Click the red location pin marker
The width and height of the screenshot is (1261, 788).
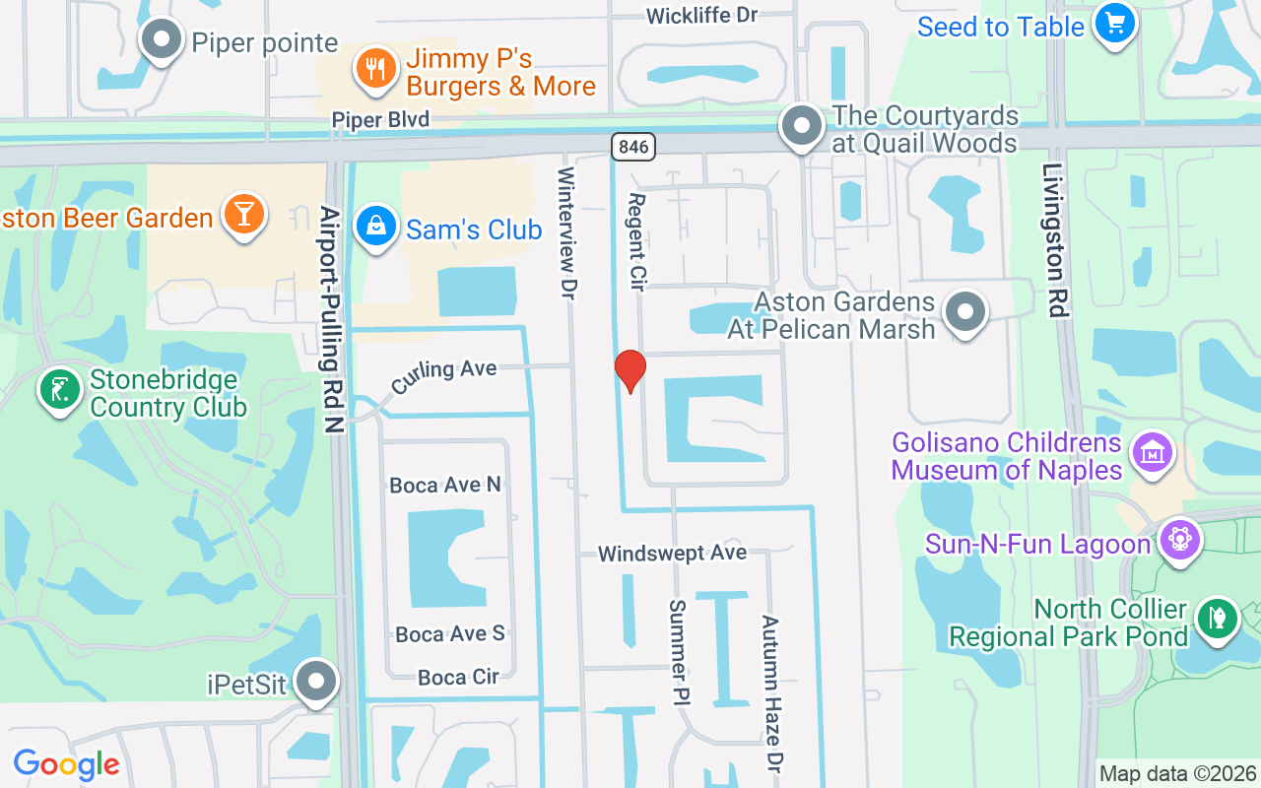630,370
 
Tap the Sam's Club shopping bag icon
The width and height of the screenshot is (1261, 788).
375,226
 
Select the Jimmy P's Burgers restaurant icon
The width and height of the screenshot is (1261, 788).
375,68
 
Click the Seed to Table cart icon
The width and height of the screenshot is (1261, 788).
1115,24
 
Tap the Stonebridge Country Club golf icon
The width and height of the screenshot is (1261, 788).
59,389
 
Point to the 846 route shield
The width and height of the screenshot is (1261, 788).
632,147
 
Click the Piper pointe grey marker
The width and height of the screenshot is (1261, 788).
162,40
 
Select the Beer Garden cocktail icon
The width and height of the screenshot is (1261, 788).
243,214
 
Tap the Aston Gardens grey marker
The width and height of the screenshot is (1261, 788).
965,312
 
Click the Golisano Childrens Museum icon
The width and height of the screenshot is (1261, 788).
1153,453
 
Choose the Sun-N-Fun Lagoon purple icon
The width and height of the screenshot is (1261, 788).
1179,539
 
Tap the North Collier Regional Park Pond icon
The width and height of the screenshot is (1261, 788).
1218,618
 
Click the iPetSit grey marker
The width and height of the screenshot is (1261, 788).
316,681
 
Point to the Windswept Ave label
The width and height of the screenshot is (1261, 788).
672,554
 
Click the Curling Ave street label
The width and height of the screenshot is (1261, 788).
443,374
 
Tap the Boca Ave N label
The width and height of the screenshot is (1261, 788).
445,485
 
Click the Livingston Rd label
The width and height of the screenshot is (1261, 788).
1054,240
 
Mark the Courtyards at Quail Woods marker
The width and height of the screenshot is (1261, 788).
802,126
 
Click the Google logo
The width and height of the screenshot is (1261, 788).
66,764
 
